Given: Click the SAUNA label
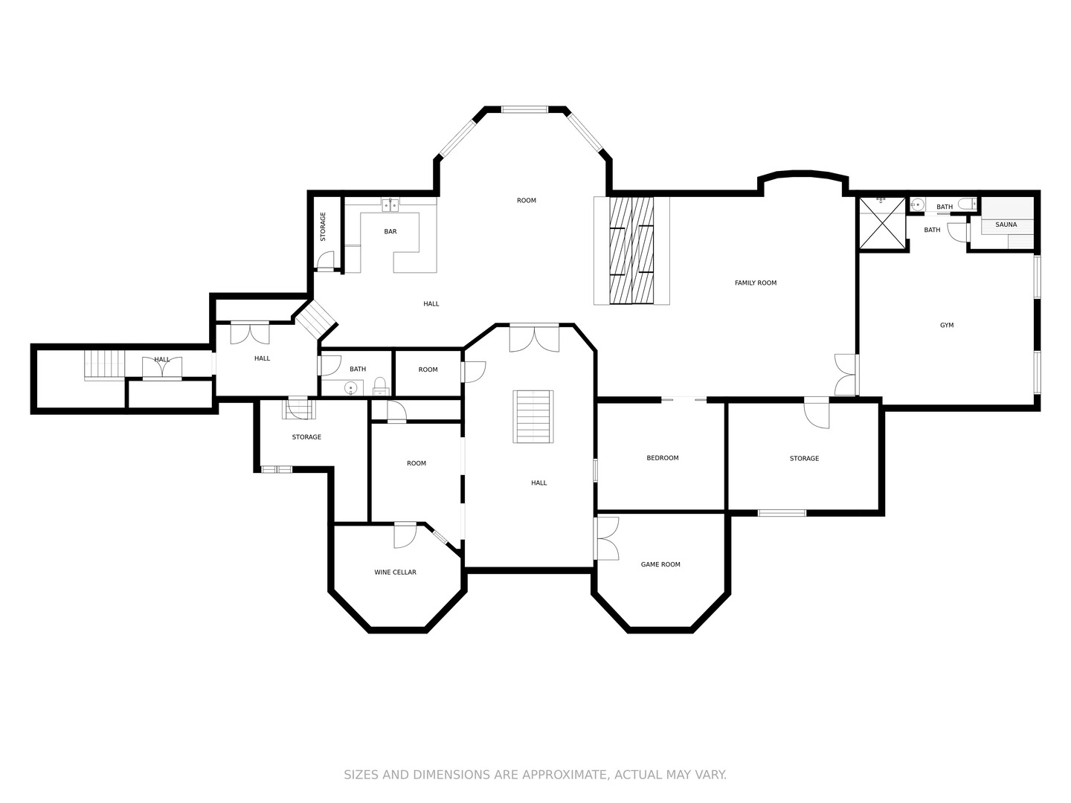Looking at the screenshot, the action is pyautogui.click(x=1006, y=225).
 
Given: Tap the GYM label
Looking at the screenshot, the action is pyautogui.click(x=947, y=325).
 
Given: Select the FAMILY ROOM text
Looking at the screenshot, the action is pyautogui.click(x=756, y=283).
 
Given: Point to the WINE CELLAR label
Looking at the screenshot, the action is pyautogui.click(x=395, y=573).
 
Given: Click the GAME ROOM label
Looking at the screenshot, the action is pyautogui.click(x=660, y=564).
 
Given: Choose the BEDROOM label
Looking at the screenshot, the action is pyautogui.click(x=663, y=458).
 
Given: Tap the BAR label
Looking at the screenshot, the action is pyautogui.click(x=390, y=231).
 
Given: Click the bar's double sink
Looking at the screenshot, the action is pyautogui.click(x=390, y=205).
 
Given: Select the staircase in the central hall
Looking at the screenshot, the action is pyautogui.click(x=533, y=416).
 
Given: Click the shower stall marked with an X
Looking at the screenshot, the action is pyautogui.click(x=881, y=223).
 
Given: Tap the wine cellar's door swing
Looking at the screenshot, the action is pyautogui.click(x=405, y=535).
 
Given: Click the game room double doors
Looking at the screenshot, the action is pyautogui.click(x=606, y=538).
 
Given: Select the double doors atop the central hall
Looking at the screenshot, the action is pyautogui.click(x=534, y=338).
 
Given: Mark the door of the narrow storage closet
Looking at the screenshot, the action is pyautogui.click(x=326, y=260).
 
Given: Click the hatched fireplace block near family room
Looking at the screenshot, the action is pyautogui.click(x=631, y=251).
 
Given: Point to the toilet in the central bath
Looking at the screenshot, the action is pyautogui.click(x=379, y=386).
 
